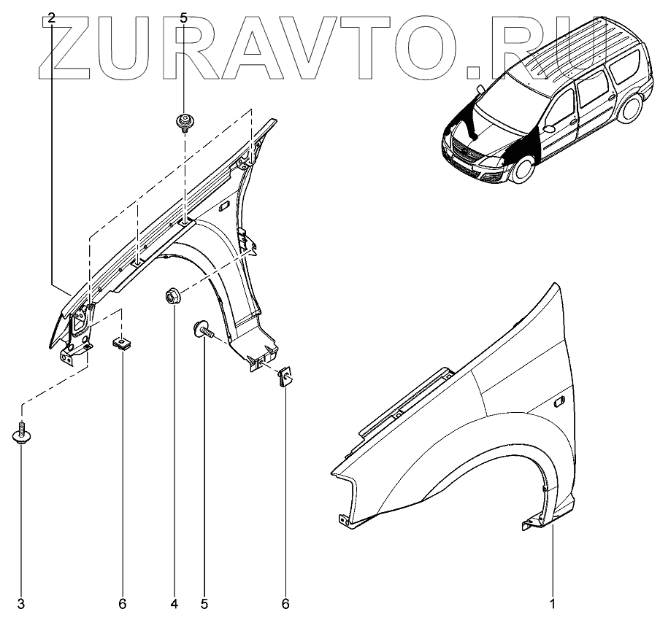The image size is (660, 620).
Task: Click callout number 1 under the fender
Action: click(553, 604)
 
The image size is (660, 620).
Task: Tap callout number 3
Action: click(21, 604)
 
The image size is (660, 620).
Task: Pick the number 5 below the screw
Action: click(204, 604)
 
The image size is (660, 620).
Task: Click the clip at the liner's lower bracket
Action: click(285, 377)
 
